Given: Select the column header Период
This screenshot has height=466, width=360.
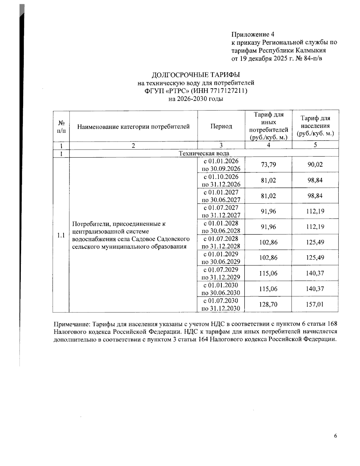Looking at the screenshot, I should coord(221,126).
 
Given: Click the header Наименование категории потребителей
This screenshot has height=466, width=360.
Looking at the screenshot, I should coord(133,127).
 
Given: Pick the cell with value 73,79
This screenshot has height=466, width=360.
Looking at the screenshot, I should coord(268,165).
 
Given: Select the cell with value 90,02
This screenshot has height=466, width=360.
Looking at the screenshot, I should coord(315,165).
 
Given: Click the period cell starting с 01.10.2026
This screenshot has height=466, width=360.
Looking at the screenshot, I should coord(221,180).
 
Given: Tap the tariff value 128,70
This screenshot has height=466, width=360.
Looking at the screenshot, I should coord(268,305).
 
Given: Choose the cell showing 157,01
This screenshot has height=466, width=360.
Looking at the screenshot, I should coord(315,305).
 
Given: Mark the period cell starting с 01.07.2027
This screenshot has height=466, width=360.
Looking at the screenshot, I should coord(221,211).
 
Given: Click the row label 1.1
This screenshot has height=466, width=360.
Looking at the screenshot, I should coord(61,235).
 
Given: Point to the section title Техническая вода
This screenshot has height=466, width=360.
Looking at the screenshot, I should coord(204,153).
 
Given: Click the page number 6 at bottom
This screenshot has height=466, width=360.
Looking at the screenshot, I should coord(335,436).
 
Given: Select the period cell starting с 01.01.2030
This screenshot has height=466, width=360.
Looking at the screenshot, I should coord(221,289).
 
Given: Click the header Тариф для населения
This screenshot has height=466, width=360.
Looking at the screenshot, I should coord(315,126).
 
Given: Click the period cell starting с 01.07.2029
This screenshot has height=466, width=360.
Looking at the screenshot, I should coord(221,273).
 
